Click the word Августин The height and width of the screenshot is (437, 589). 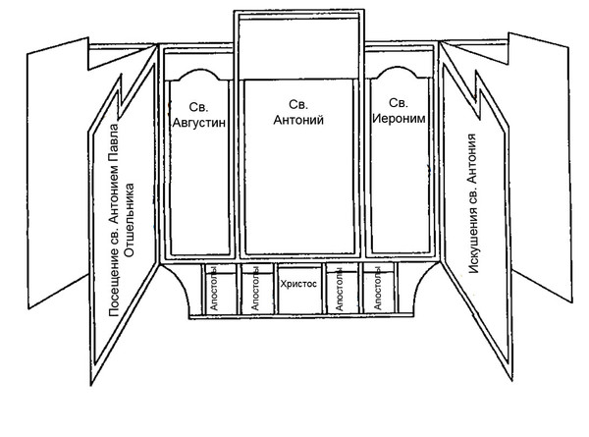pyautogui.click(x=198, y=123)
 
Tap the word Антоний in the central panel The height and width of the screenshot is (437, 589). pyautogui.click(x=298, y=120)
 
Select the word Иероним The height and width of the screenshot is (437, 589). pyautogui.click(x=399, y=119)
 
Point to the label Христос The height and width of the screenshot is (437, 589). pyautogui.click(x=298, y=284)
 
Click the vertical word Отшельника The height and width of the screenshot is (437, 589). pyautogui.click(x=130, y=220)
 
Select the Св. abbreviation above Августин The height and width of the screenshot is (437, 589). pyautogui.click(x=198, y=107)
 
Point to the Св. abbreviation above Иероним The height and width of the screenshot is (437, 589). pyautogui.click(x=399, y=103)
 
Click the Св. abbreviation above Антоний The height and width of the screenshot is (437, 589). pyautogui.click(x=298, y=104)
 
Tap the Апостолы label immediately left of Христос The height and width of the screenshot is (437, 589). pyautogui.click(x=255, y=289)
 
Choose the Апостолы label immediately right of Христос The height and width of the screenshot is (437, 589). pyautogui.click(x=340, y=289)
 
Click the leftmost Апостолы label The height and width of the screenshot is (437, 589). pyautogui.click(x=213, y=289)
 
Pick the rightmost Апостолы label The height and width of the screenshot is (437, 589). pyautogui.click(x=378, y=289)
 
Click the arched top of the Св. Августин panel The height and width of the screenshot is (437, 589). pyautogui.click(x=198, y=70)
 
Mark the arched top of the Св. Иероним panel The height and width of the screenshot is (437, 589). pyautogui.click(x=399, y=68)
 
